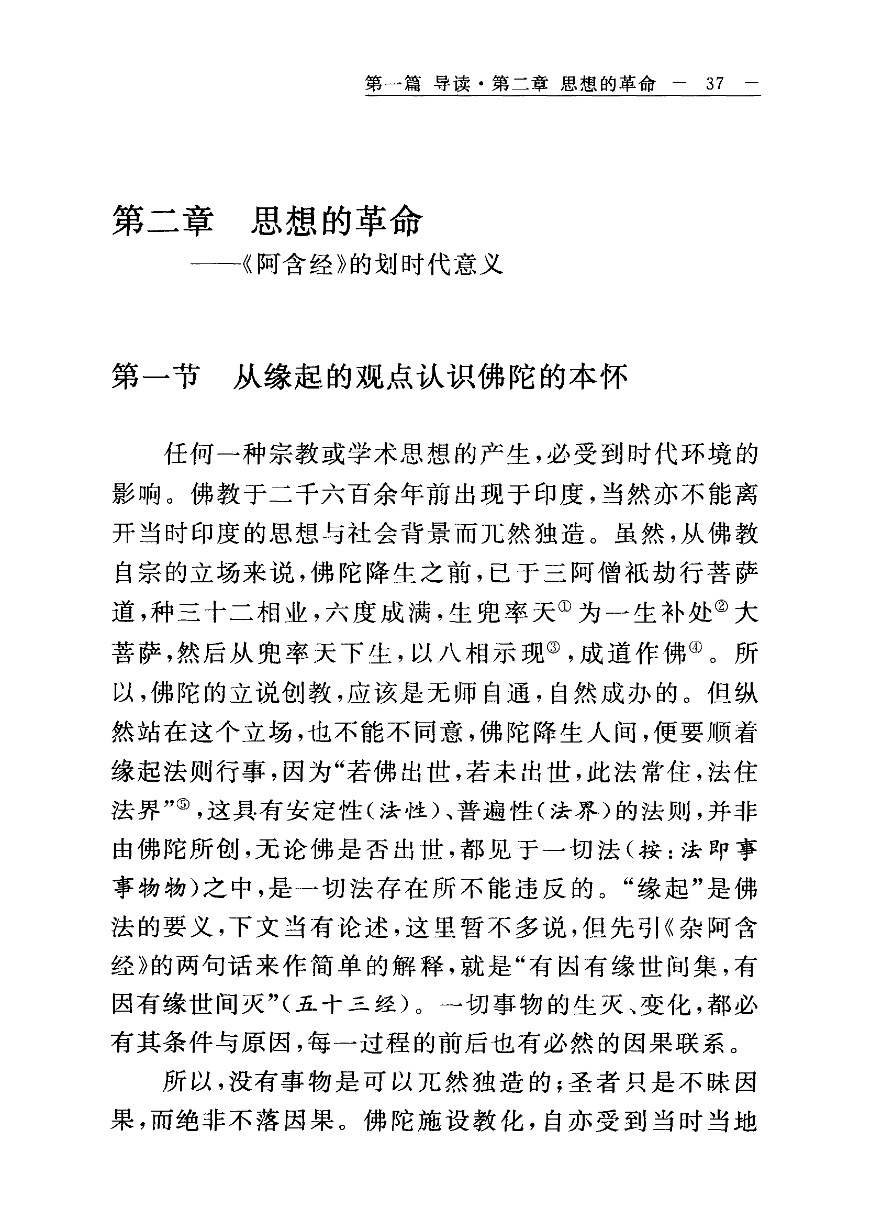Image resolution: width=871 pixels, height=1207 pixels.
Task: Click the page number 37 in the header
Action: click(714, 84)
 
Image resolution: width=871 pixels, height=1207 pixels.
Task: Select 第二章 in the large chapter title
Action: click(162, 222)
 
